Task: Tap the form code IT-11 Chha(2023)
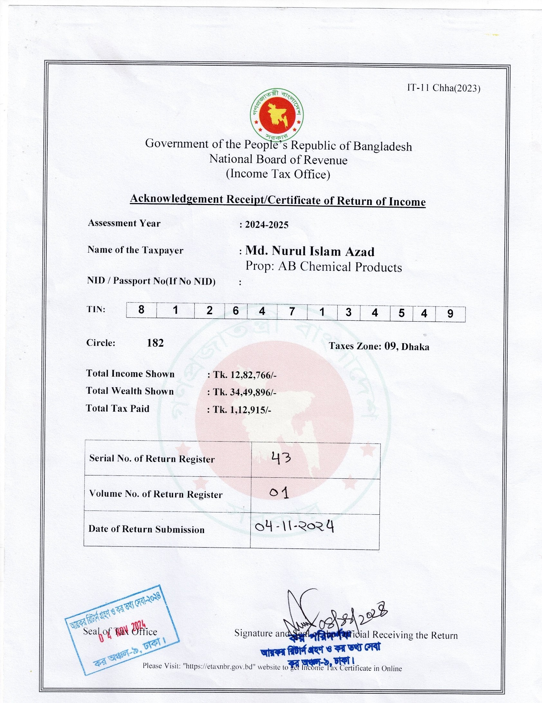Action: pyautogui.click(x=444, y=88)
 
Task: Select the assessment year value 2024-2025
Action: pyautogui.click(x=266, y=225)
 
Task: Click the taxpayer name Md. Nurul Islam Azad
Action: pyautogui.click(x=310, y=251)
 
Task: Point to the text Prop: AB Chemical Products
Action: pyautogui.click(x=323, y=267)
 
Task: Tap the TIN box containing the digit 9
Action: pyautogui.click(x=450, y=314)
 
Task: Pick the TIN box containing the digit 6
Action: pyautogui.click(x=236, y=311)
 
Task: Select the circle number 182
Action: pyautogui.click(x=155, y=343)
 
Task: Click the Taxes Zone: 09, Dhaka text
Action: pyautogui.click(x=379, y=346)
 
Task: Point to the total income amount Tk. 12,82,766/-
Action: pyautogui.click(x=245, y=375)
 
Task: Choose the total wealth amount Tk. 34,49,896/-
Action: pyautogui.click(x=245, y=392)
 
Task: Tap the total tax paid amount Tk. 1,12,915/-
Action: pyautogui.click(x=242, y=410)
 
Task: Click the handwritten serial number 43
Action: pyautogui.click(x=281, y=457)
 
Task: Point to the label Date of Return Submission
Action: pyautogui.click(x=146, y=529)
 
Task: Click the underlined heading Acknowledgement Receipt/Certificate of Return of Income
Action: pyautogui.click(x=278, y=200)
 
